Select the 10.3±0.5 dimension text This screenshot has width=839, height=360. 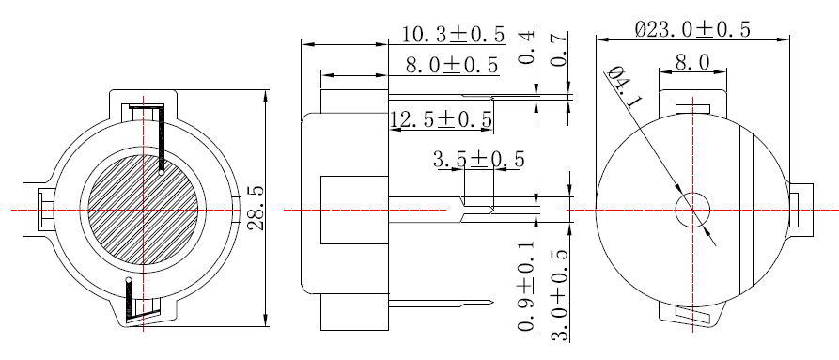(453, 35)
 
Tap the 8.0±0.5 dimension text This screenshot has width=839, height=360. (452, 65)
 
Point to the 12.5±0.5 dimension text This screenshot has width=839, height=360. (441, 119)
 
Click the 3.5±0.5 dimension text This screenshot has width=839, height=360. (478, 159)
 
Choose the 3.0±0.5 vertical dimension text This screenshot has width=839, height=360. (560, 294)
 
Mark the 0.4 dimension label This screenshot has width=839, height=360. (527, 49)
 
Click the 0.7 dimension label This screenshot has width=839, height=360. (559, 49)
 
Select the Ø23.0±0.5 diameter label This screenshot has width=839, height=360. (693, 29)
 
